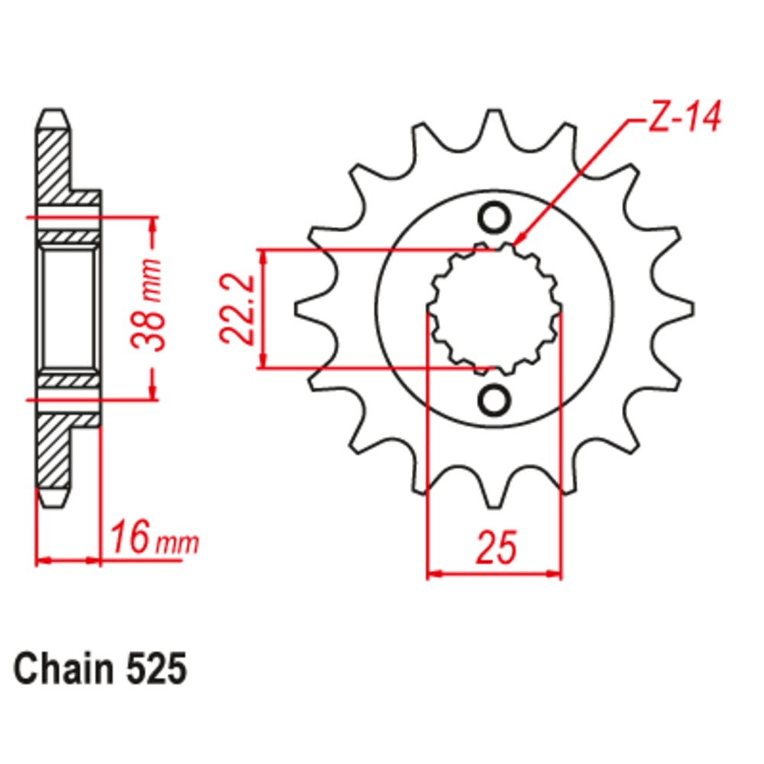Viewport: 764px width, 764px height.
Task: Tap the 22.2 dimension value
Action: coord(238,309)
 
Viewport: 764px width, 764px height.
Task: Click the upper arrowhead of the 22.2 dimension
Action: coord(264,257)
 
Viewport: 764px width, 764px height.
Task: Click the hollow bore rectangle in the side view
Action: coord(68,308)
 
